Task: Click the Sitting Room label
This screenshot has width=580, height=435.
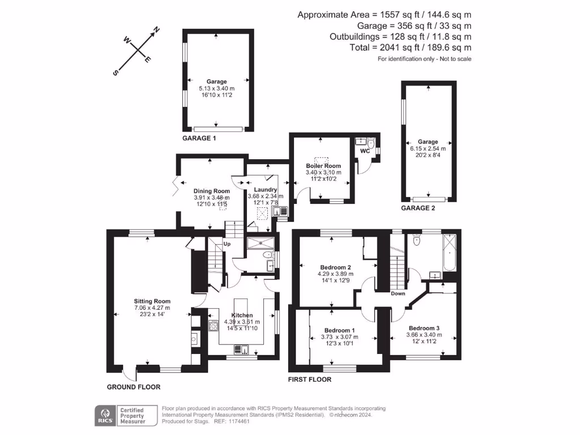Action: click(152, 301)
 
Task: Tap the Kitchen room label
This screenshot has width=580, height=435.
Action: click(242, 315)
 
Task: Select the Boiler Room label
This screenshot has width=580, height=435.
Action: click(323, 166)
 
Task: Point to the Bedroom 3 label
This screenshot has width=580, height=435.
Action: click(424, 328)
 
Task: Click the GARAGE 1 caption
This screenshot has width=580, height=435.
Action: click(199, 138)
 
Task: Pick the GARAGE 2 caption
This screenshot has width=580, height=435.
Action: click(418, 208)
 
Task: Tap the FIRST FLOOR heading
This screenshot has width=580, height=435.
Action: click(310, 379)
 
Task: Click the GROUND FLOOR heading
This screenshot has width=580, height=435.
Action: click(134, 387)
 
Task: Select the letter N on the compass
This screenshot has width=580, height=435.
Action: click(156, 29)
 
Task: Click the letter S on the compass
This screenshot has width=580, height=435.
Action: click(116, 73)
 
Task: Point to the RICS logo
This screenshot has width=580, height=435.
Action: click(105, 416)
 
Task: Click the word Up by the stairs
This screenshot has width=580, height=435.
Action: click(227, 244)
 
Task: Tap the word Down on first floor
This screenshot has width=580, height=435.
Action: click(398, 293)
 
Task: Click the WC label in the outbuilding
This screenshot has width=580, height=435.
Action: click(365, 151)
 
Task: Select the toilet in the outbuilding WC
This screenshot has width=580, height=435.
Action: click(371, 143)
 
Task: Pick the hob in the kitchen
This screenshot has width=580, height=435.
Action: click(214, 326)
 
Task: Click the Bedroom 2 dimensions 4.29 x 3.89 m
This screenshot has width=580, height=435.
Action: click(335, 274)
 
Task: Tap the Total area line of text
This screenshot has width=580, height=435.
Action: click(411, 48)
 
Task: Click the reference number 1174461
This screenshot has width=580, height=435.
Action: click(239, 421)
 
